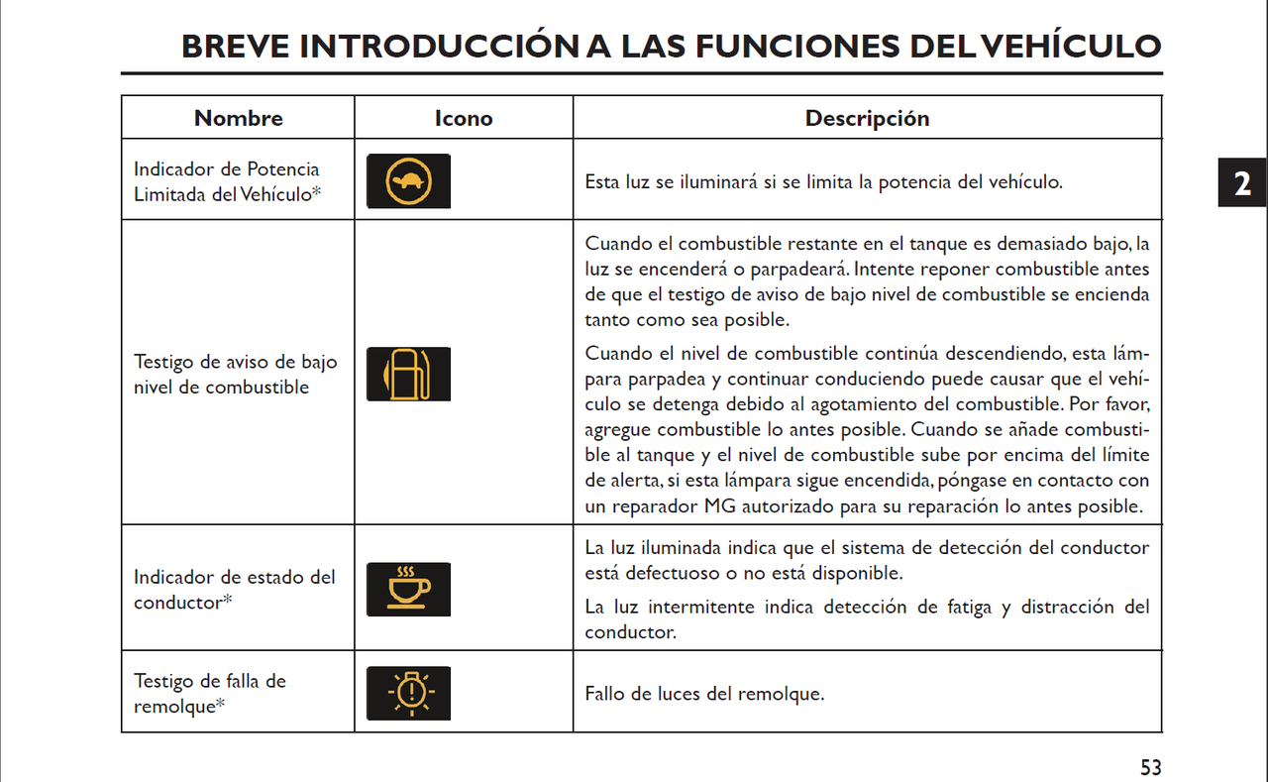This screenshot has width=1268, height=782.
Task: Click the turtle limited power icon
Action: click(408, 181)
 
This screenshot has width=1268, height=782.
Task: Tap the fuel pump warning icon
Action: click(408, 374)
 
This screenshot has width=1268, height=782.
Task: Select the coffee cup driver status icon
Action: click(408, 589)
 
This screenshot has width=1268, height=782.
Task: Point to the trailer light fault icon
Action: click(408, 693)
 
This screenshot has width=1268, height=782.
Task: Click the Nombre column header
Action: click(238, 118)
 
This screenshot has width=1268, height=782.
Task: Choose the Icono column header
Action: click(463, 118)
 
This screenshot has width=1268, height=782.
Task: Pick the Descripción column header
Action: click(867, 118)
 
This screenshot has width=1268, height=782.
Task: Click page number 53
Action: click(1150, 767)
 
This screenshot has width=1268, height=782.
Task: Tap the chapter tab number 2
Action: click(1241, 183)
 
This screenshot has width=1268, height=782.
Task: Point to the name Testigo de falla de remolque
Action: click(210, 693)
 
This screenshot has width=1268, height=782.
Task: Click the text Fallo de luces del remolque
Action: click(704, 694)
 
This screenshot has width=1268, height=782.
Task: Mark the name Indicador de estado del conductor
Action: click(235, 589)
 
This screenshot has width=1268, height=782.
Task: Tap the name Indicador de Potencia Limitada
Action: click(227, 181)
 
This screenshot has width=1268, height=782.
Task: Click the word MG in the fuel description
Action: click(720, 506)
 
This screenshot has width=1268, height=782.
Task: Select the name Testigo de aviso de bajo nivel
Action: click(236, 374)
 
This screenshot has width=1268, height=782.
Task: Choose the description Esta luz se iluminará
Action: click(823, 182)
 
